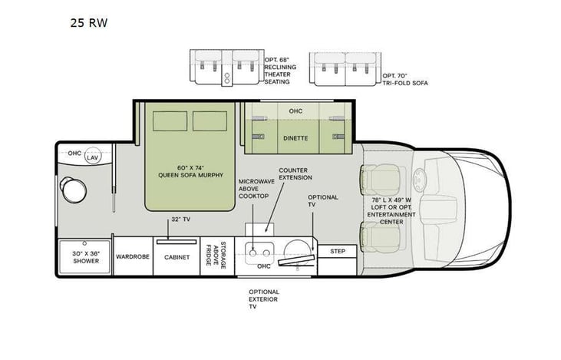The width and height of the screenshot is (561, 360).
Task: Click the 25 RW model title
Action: click(91, 23)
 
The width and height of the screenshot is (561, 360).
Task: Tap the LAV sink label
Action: click(93, 157)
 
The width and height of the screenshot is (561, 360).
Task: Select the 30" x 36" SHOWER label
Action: click(86, 257)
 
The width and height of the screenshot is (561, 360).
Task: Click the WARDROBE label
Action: click(131, 257)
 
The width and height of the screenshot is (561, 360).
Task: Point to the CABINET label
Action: click(177, 257)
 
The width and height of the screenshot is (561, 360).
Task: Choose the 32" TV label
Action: click(181, 218)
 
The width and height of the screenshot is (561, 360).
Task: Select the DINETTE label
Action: click(295, 139)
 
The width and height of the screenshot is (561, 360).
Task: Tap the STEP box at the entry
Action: click(337, 251)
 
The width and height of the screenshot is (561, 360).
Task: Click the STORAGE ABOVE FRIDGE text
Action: click(219, 256)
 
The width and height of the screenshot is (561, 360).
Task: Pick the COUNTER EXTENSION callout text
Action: click(294, 173)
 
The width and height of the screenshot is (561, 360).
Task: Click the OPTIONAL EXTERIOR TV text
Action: click(263, 299)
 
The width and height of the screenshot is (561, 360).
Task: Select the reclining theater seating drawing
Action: click(226, 68)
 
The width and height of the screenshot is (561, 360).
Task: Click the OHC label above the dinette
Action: click(295, 111)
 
